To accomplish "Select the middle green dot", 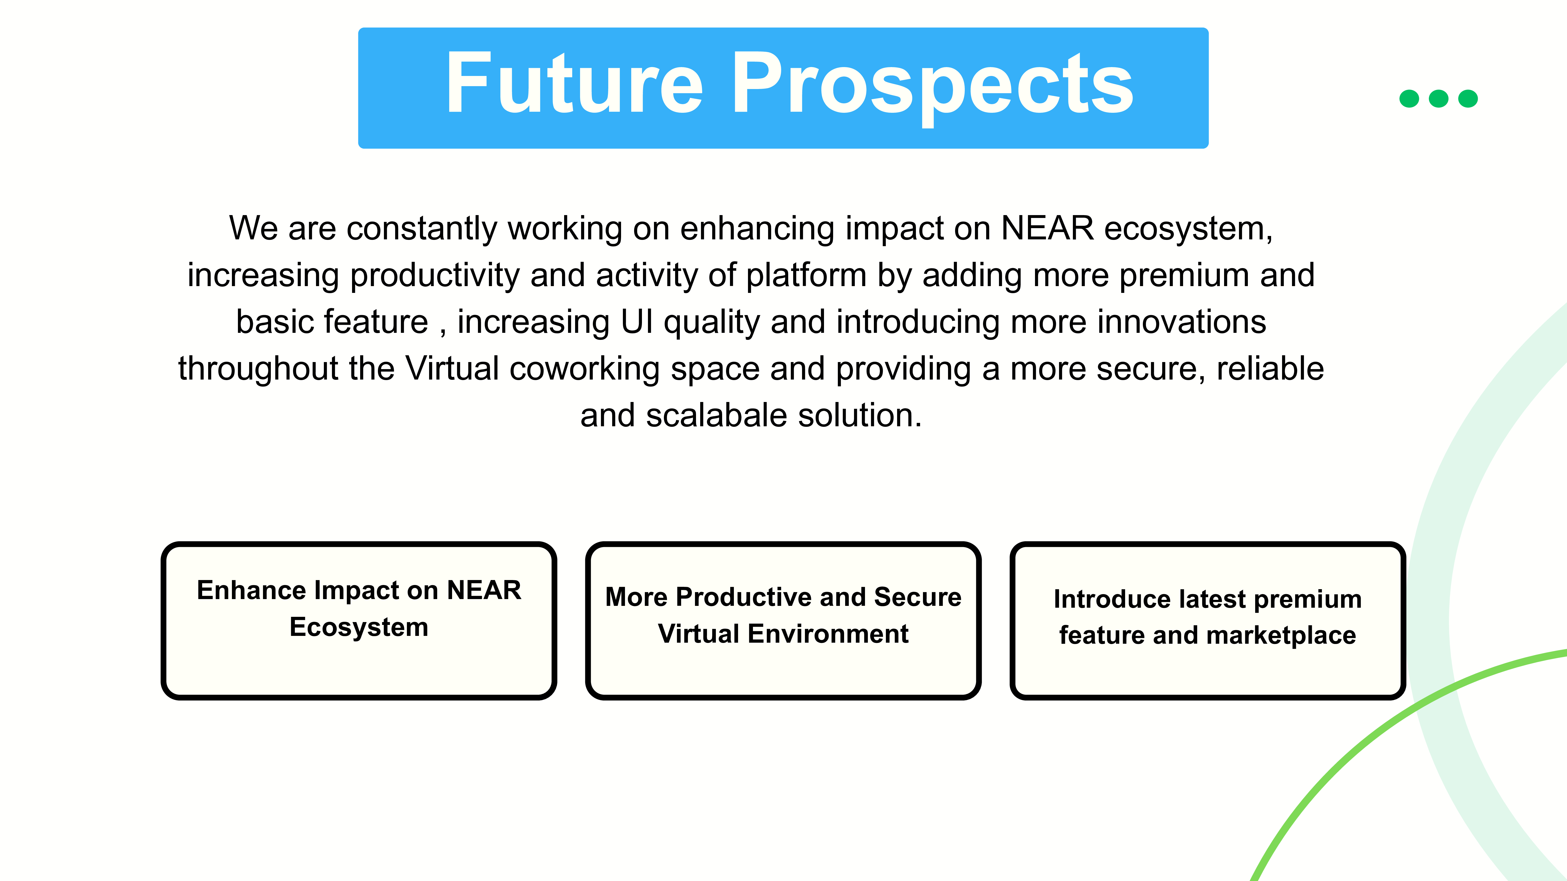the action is [1439, 98].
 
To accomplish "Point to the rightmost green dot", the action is [1468, 98].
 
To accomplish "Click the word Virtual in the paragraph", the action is [452, 368].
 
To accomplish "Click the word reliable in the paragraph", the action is [1270, 368].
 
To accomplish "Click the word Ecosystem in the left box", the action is [359, 628].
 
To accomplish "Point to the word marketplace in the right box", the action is [1281, 636].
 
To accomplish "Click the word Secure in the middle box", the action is [918, 597].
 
